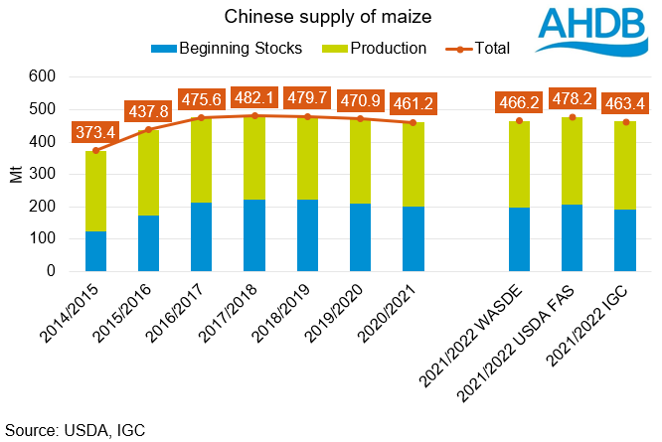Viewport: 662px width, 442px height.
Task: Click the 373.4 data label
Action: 96,132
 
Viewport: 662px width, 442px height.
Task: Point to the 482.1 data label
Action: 254,98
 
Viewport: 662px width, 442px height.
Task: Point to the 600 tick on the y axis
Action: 46,76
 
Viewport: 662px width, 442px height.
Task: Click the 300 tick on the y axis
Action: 46,174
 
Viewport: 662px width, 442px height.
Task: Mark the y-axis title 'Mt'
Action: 15,175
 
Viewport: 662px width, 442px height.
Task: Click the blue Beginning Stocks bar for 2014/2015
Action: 95,251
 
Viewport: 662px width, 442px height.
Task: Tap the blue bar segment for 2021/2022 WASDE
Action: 519,239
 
